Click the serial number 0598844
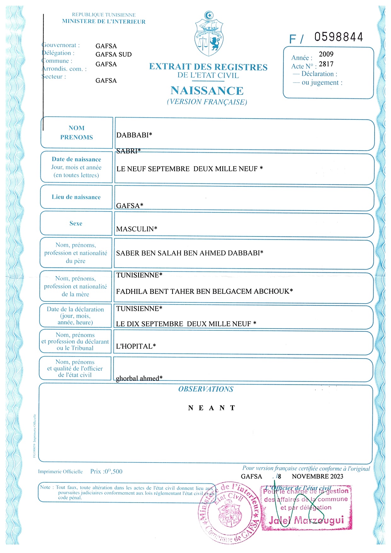[x=339, y=37]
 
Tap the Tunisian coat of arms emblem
[x=209, y=34]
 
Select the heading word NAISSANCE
[x=207, y=91]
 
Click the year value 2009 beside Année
[x=326, y=54]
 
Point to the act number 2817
[x=326, y=64]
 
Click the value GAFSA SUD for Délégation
[x=114, y=54]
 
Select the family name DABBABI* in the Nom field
[x=134, y=135]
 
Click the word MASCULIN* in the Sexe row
[x=137, y=229]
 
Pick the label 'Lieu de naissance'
[x=76, y=197]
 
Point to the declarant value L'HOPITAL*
[x=136, y=346]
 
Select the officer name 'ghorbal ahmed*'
[x=139, y=378]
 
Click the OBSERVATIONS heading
[x=206, y=389]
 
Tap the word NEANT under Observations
[x=212, y=408]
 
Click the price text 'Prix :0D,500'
[x=106, y=471]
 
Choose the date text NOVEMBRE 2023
[x=317, y=476]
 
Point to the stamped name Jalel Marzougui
[x=306, y=520]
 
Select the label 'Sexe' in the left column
[x=76, y=223]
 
